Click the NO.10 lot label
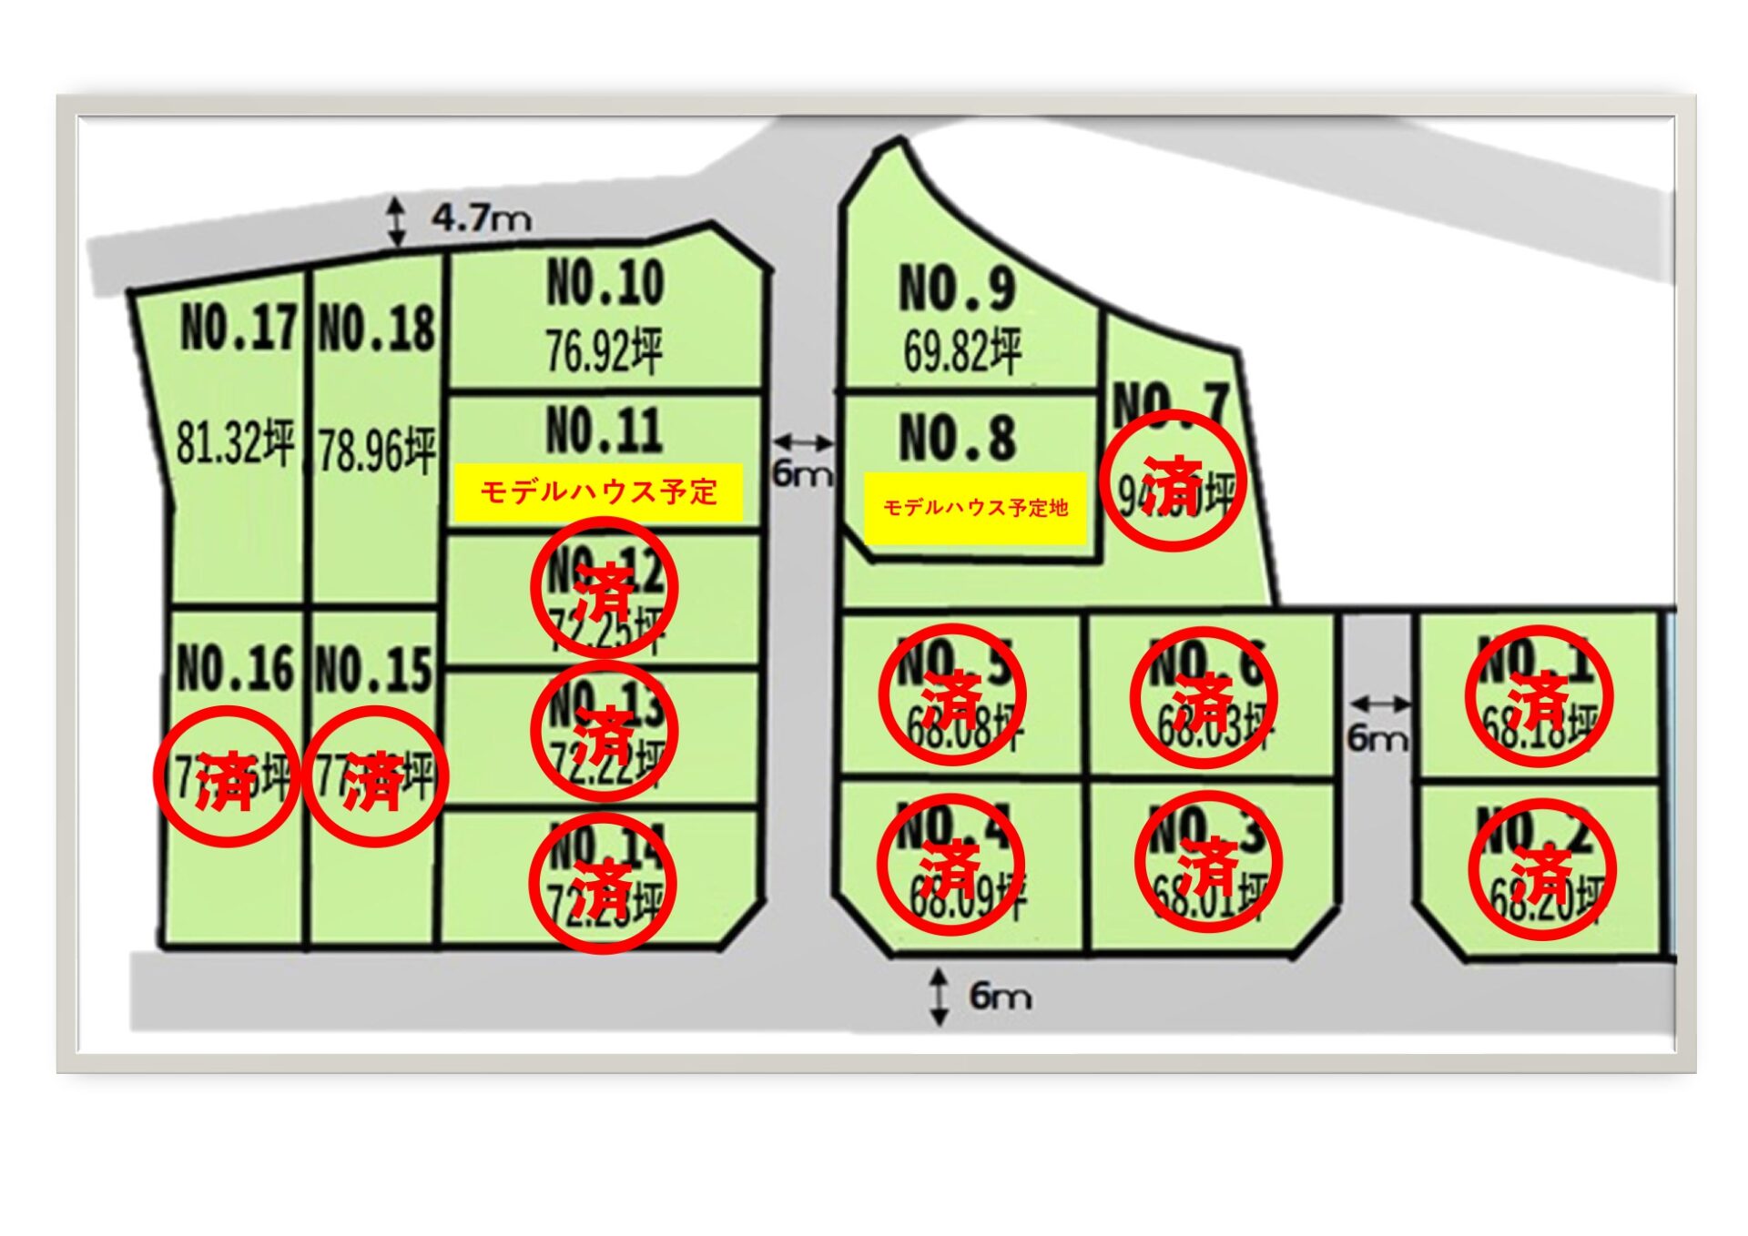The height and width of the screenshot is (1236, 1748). pyautogui.click(x=605, y=283)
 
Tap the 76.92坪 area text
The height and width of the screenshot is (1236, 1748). pyautogui.click(x=604, y=350)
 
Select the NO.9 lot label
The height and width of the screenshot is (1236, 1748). pyautogui.click(x=957, y=289)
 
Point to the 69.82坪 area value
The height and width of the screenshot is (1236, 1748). pyautogui.click(x=962, y=350)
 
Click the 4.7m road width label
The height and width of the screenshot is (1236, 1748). pyautogui.click(x=482, y=218)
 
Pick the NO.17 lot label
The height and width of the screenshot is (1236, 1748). pyautogui.click(x=239, y=328)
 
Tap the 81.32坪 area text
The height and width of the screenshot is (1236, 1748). pyautogui.click(x=235, y=443)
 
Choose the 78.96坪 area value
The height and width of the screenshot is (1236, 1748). pyautogui.click(x=377, y=450)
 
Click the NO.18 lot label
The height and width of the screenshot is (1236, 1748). pyautogui.click(x=377, y=329)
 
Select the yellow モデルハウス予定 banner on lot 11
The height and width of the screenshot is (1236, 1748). pyautogui.click(x=598, y=492)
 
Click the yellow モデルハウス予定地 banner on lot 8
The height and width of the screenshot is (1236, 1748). pyautogui.click(x=975, y=508)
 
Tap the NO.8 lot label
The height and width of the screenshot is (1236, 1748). pyautogui.click(x=957, y=438)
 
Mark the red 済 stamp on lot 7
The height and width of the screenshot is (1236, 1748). pyautogui.click(x=1173, y=481)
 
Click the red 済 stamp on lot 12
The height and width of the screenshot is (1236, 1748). pyautogui.click(x=604, y=588)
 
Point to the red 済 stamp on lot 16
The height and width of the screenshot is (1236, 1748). pyautogui.click(x=227, y=776)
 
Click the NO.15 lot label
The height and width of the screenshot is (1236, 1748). pyautogui.click(x=373, y=670)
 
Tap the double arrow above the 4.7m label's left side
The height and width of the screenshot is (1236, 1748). pyautogui.click(x=396, y=221)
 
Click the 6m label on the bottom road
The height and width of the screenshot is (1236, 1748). pyautogui.click(x=1000, y=996)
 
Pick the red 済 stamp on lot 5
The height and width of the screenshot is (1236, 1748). pyautogui.click(x=952, y=695)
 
